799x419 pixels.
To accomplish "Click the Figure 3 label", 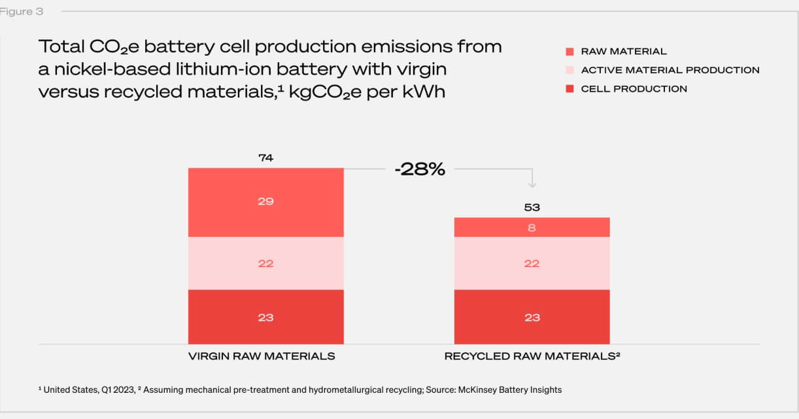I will (22, 12).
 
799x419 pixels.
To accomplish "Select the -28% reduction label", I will (419, 170).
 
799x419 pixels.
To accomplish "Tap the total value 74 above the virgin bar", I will (265, 158).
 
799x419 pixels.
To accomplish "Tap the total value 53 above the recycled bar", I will (532, 208).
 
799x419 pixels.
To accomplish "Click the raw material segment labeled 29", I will (265, 202).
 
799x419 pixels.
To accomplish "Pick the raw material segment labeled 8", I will (532, 227).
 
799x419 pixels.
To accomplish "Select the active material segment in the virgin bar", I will (265, 263).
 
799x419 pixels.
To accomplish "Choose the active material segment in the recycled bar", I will (532, 263).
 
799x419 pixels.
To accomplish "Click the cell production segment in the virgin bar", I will (265, 318).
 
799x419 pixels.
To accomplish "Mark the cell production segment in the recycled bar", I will (532, 318).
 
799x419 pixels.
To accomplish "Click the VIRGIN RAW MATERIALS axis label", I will (262, 356).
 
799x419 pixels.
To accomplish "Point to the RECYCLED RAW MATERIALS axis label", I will (532, 356).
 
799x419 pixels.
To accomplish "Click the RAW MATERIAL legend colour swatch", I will (569, 52).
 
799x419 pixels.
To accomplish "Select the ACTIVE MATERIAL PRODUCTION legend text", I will (670, 70).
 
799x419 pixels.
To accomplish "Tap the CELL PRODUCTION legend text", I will (634, 89).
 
